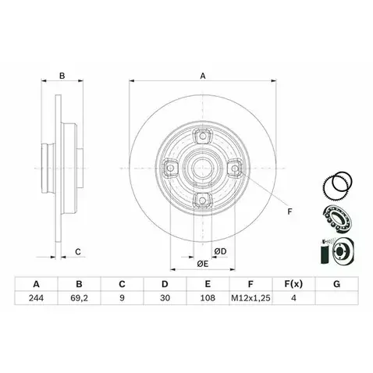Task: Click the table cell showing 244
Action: point(36,298)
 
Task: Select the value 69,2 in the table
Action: point(79,298)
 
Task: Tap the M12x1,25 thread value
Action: point(250,298)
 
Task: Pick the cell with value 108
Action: point(208,298)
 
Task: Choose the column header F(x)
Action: point(293,284)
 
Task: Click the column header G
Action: point(336,284)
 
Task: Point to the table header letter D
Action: point(165,284)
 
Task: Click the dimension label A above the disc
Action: point(203,76)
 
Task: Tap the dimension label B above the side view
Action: point(62,76)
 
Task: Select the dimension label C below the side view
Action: point(78,252)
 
